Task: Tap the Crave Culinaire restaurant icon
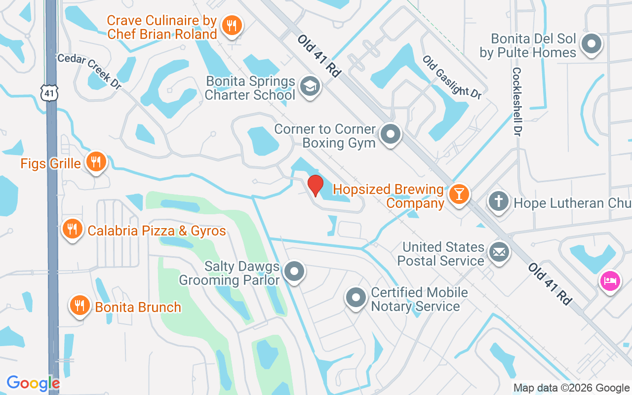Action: tap(231, 25)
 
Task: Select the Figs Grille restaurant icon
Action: tap(96, 161)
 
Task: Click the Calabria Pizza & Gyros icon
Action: tap(72, 229)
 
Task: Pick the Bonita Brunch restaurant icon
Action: tap(79, 306)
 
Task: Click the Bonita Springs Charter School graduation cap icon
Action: tap(310, 86)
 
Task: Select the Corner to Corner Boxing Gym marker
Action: tap(391, 133)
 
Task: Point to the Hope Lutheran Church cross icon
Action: tap(499, 201)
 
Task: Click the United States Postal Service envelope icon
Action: tap(499, 252)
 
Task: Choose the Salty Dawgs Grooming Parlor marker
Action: tap(295, 271)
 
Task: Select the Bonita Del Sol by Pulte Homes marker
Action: tap(591, 44)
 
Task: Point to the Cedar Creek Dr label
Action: tap(89, 71)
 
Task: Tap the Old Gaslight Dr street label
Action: tap(452, 77)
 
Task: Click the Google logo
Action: tap(33, 383)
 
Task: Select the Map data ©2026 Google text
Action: tap(571, 388)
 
